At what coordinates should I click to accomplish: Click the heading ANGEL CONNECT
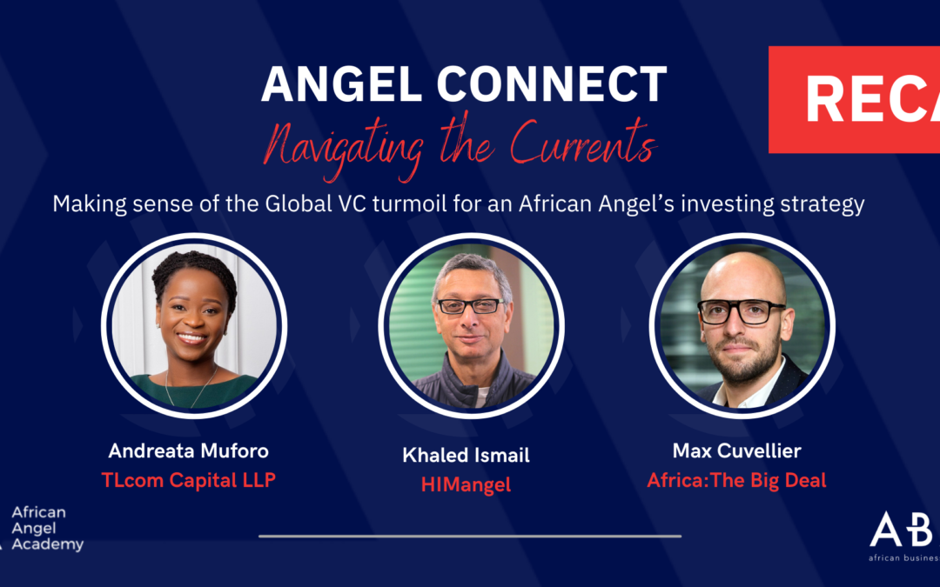pyautogui.click(x=464, y=84)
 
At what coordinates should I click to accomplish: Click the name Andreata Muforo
pyautogui.click(x=190, y=450)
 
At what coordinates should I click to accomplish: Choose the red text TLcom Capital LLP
pyautogui.click(x=190, y=479)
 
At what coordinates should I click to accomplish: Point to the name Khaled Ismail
pyautogui.click(x=467, y=456)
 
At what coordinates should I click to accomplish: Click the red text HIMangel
pyautogui.click(x=467, y=484)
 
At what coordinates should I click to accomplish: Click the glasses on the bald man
pyautogui.click(x=742, y=310)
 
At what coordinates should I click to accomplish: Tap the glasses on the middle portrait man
pyautogui.click(x=471, y=306)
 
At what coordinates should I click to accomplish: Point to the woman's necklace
pyautogui.click(x=191, y=387)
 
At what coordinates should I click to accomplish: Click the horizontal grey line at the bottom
pyautogui.click(x=470, y=536)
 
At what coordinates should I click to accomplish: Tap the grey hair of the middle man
pyautogui.click(x=471, y=268)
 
